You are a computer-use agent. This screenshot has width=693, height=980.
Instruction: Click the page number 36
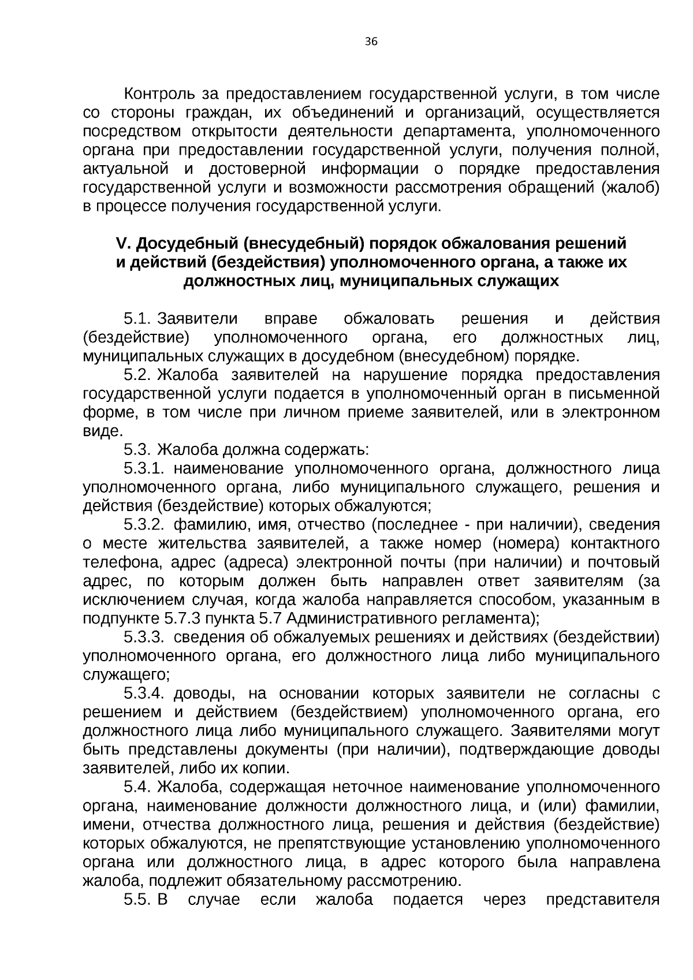[371, 41]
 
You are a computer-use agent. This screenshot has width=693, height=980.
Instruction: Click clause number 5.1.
[137, 319]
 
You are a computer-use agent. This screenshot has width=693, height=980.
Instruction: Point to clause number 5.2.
[137, 375]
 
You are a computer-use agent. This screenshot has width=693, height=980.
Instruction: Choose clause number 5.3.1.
[145, 468]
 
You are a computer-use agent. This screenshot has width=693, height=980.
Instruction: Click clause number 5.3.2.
[145, 525]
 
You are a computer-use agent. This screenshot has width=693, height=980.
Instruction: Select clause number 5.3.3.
[145, 638]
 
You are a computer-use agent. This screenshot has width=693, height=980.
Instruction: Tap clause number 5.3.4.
[145, 694]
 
